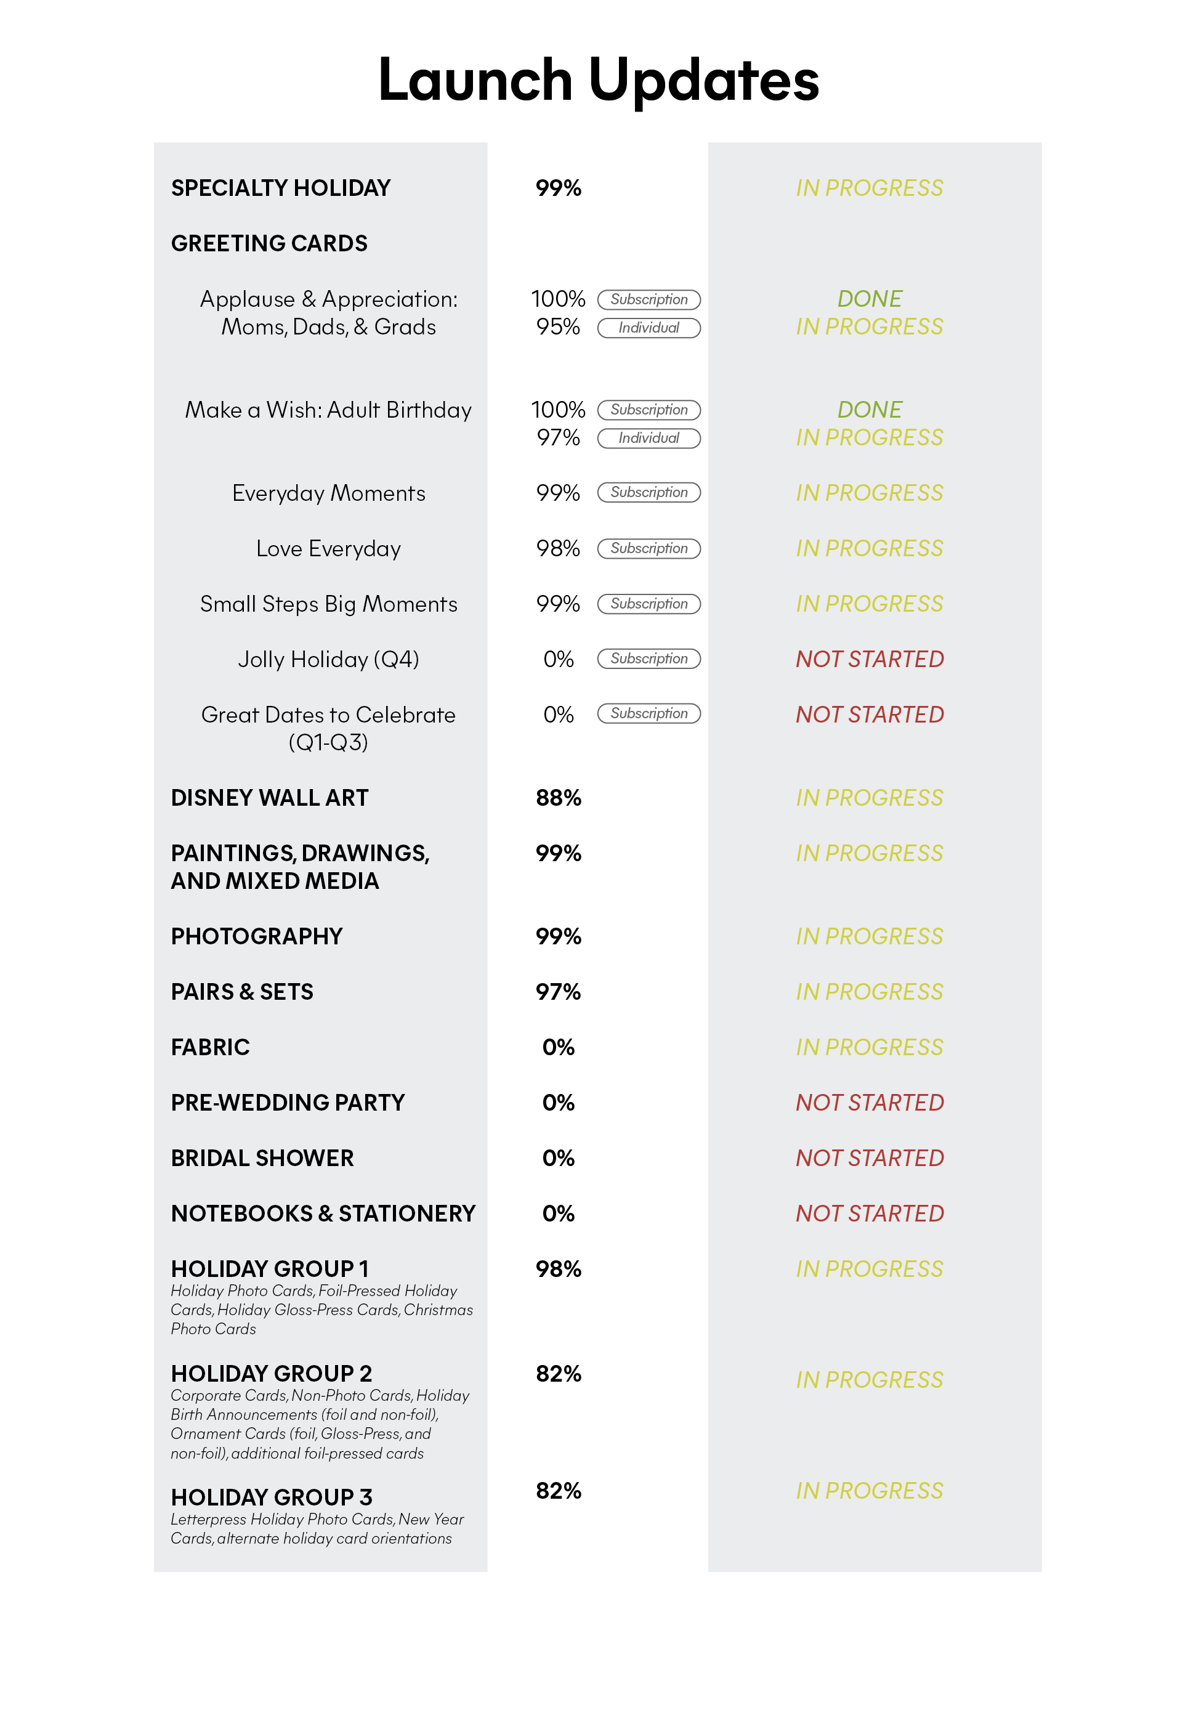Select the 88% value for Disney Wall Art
(558, 798)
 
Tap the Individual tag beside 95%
(648, 328)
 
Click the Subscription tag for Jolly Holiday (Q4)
(648, 658)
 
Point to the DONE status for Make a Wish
(869, 410)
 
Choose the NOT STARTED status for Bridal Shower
(869, 1158)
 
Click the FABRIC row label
(210, 1047)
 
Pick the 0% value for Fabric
(558, 1047)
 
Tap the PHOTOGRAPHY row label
(256, 936)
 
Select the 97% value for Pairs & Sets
(558, 991)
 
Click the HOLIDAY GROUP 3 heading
(271, 1497)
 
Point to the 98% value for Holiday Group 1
(558, 1269)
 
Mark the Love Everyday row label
(328, 549)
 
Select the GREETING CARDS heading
(269, 243)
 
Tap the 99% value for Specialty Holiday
(558, 188)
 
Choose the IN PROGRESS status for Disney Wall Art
(869, 798)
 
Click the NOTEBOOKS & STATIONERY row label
(323, 1214)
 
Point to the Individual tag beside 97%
(648, 438)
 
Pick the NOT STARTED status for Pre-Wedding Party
(869, 1102)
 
